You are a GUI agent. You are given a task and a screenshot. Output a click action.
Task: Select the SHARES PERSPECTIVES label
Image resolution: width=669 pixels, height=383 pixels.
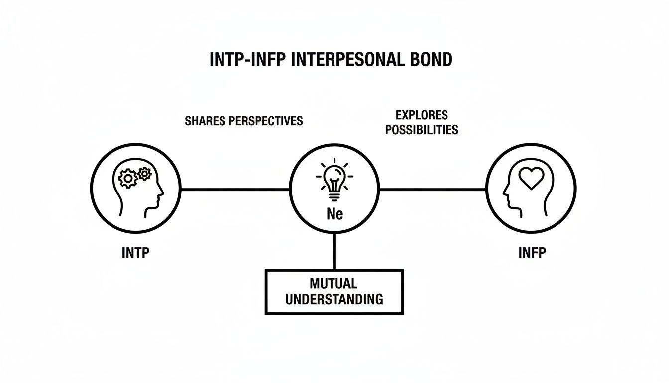click(243, 121)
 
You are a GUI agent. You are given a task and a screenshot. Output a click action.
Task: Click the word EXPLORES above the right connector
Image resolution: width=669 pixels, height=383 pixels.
click(422, 115)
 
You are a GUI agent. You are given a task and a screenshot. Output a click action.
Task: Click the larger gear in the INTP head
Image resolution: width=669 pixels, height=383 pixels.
click(128, 178)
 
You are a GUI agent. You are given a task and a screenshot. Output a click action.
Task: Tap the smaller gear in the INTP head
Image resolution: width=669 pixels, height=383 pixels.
click(144, 174)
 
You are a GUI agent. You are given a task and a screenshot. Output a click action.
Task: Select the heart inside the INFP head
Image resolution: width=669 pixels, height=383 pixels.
click(532, 178)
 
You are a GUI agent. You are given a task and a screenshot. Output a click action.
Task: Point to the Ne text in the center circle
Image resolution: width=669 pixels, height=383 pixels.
click(334, 214)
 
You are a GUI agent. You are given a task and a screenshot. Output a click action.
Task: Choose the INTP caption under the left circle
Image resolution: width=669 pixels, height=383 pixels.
click(135, 253)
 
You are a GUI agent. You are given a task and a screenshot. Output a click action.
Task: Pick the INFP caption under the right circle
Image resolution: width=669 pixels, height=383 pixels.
click(532, 253)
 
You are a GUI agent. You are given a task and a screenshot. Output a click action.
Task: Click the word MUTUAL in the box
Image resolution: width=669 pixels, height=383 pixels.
click(334, 284)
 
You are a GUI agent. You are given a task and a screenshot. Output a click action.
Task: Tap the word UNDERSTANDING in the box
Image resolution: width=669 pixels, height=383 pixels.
click(334, 299)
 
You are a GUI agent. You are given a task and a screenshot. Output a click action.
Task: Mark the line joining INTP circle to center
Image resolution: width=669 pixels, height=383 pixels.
click(235, 190)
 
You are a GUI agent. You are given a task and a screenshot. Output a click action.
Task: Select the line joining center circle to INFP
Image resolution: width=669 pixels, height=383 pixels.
click(432, 190)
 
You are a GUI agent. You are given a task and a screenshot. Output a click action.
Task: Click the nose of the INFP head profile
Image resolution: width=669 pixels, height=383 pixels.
click(504, 191)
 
